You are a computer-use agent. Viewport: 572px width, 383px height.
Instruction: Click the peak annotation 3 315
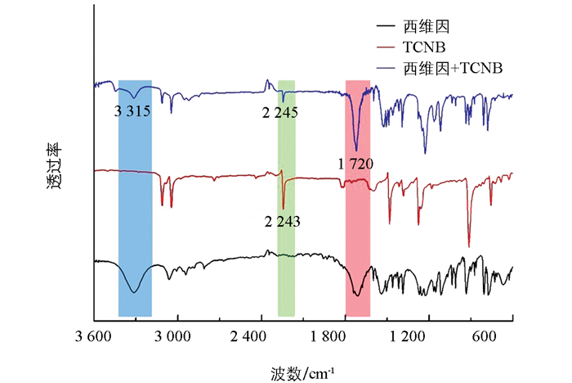132,111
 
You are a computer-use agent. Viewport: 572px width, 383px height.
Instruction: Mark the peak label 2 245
279,111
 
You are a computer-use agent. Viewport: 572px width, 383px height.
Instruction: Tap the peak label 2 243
283,221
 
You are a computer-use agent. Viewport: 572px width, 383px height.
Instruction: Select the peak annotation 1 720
355,164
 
